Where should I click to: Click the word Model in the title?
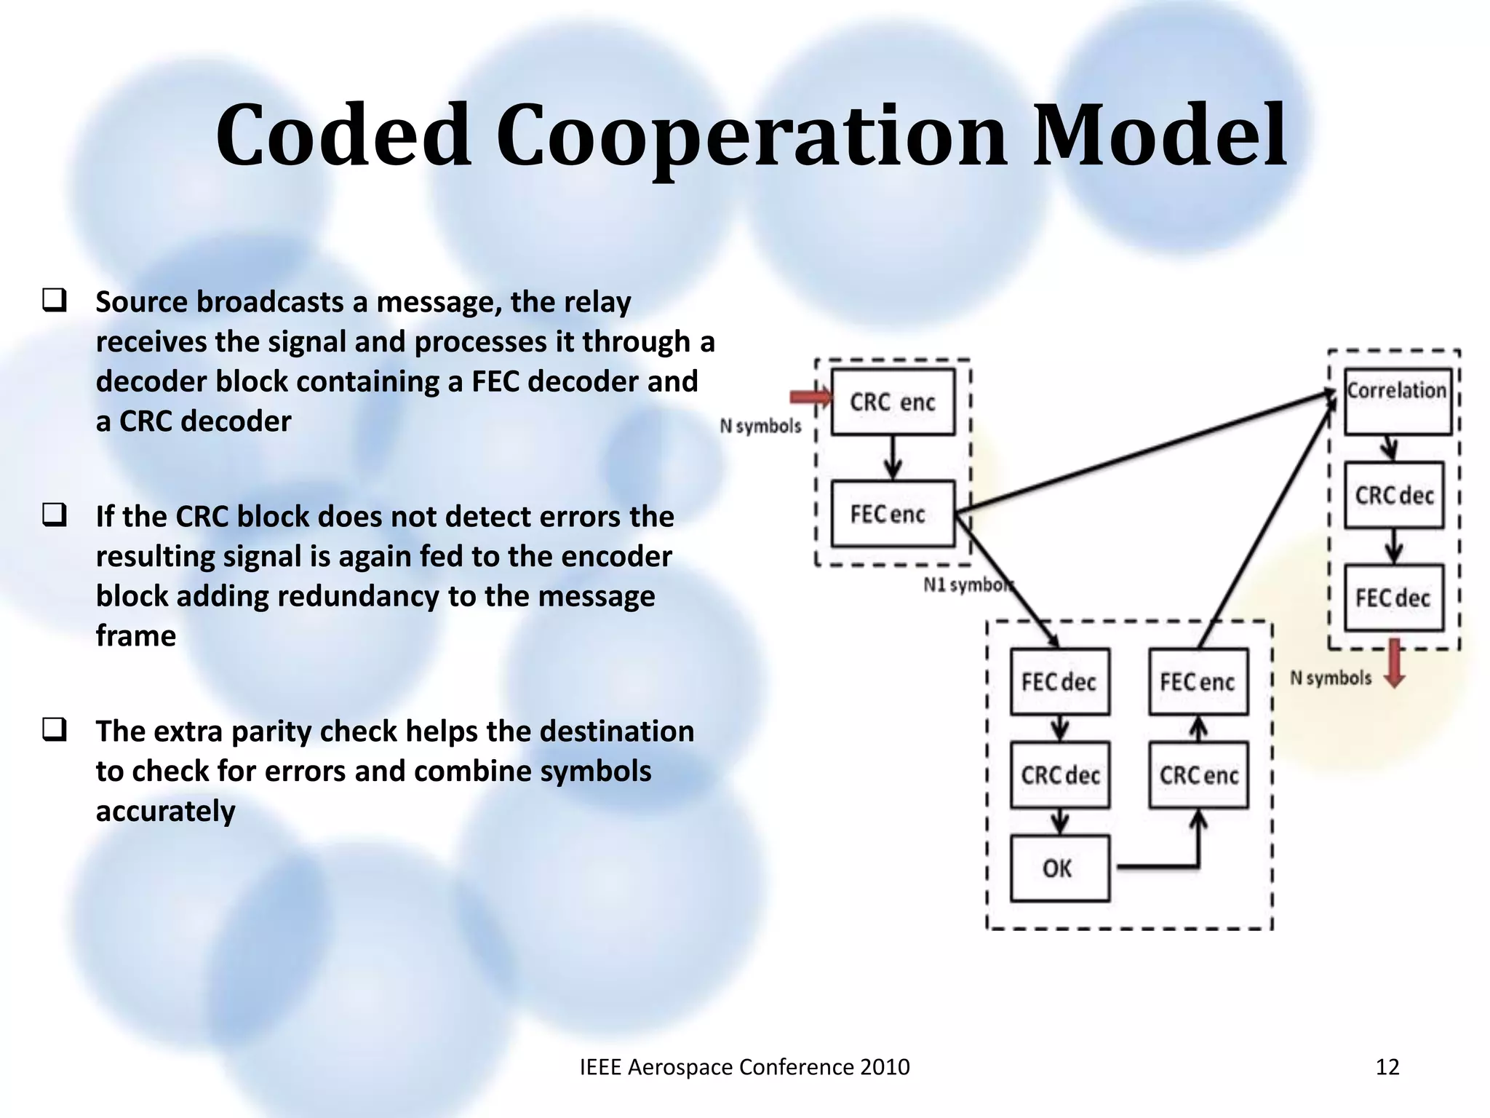(x=1160, y=136)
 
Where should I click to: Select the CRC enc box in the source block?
(x=893, y=402)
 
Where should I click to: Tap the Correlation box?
(x=1397, y=402)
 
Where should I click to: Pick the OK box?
(x=1059, y=868)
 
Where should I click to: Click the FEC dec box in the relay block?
(x=1059, y=682)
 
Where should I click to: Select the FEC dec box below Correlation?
(x=1393, y=598)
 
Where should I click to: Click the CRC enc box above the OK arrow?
(x=1198, y=775)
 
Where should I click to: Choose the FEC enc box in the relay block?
(x=1198, y=682)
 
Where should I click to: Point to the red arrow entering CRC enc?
(x=810, y=397)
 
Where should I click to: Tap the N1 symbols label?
(x=967, y=585)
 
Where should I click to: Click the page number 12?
(x=1387, y=1067)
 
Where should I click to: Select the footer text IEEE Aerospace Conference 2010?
(x=744, y=1067)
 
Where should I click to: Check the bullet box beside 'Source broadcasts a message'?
(x=55, y=301)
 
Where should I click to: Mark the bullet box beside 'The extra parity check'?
(x=55, y=729)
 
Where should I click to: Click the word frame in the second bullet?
(x=135, y=636)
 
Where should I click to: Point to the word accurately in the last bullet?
(x=165, y=811)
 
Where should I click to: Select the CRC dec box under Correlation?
(x=1393, y=496)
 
